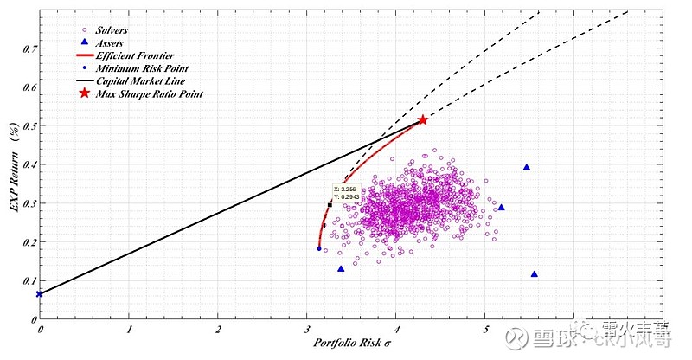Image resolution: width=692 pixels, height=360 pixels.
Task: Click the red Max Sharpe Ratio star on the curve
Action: click(x=422, y=120)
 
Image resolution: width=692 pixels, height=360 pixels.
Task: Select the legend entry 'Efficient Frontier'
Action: click(x=131, y=55)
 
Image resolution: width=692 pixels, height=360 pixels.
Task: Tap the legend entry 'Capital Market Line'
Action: click(x=133, y=80)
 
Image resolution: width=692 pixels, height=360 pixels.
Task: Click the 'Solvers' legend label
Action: click(x=112, y=29)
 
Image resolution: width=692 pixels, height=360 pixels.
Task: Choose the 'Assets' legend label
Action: click(x=109, y=42)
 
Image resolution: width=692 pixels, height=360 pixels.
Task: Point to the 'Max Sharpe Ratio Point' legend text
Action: click(x=149, y=93)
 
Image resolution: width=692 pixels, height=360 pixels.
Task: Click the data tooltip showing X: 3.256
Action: click(x=350, y=192)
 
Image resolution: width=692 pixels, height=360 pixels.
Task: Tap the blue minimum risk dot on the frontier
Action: click(x=319, y=248)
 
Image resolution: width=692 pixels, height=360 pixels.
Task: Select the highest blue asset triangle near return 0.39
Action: click(x=526, y=167)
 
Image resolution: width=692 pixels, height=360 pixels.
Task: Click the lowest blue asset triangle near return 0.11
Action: click(x=534, y=274)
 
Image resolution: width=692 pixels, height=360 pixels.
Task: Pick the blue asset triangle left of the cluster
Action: click(x=341, y=268)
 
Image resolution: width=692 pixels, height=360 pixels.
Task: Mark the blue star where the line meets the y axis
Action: click(x=39, y=294)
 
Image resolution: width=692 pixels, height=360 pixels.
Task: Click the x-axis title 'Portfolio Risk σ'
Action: click(x=355, y=344)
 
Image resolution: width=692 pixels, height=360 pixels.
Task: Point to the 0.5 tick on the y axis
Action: click(x=29, y=126)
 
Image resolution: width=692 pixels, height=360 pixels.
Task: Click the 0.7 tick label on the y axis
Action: click(x=29, y=49)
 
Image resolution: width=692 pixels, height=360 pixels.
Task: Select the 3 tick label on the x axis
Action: click(x=307, y=329)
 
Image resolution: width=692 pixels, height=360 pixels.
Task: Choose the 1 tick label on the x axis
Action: click(x=129, y=329)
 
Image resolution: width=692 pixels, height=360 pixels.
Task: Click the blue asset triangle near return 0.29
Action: click(x=501, y=208)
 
